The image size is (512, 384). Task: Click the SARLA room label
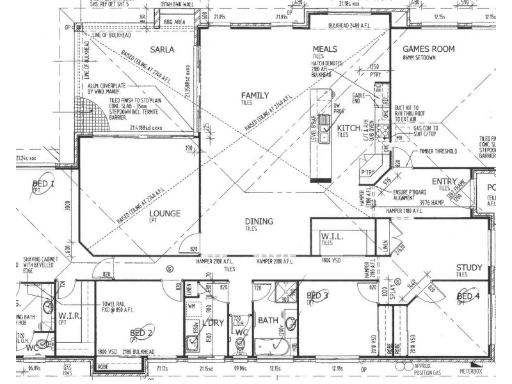click(163, 49)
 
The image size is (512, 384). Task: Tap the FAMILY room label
click(255, 95)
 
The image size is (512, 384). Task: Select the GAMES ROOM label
click(428, 49)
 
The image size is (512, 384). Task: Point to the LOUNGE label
click(164, 214)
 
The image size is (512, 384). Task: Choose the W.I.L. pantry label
click(333, 237)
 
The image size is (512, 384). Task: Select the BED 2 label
click(141, 333)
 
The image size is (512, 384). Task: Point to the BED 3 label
click(317, 296)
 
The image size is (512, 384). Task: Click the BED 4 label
click(468, 296)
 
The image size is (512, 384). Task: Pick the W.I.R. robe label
click(68, 316)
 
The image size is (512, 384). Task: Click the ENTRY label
click(444, 182)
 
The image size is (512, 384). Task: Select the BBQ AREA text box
click(175, 22)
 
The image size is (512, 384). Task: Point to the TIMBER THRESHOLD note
click(438, 152)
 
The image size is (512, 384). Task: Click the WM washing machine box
click(191, 307)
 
